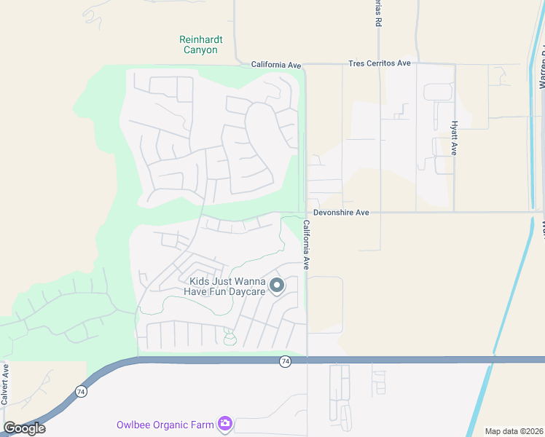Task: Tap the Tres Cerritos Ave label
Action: tap(379, 63)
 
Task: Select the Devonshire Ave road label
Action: tap(341, 213)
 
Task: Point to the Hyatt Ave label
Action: tap(454, 138)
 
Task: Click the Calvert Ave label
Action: tap(5, 383)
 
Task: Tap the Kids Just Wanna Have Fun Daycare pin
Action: tap(277, 286)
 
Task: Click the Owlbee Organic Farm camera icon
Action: tap(225, 423)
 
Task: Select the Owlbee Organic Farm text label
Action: tap(165, 425)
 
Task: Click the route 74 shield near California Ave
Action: tap(286, 361)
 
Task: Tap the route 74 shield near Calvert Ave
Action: tap(79, 391)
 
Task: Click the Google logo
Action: tap(24, 428)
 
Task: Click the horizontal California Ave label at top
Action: tap(276, 65)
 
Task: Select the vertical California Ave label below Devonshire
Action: tap(307, 245)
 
